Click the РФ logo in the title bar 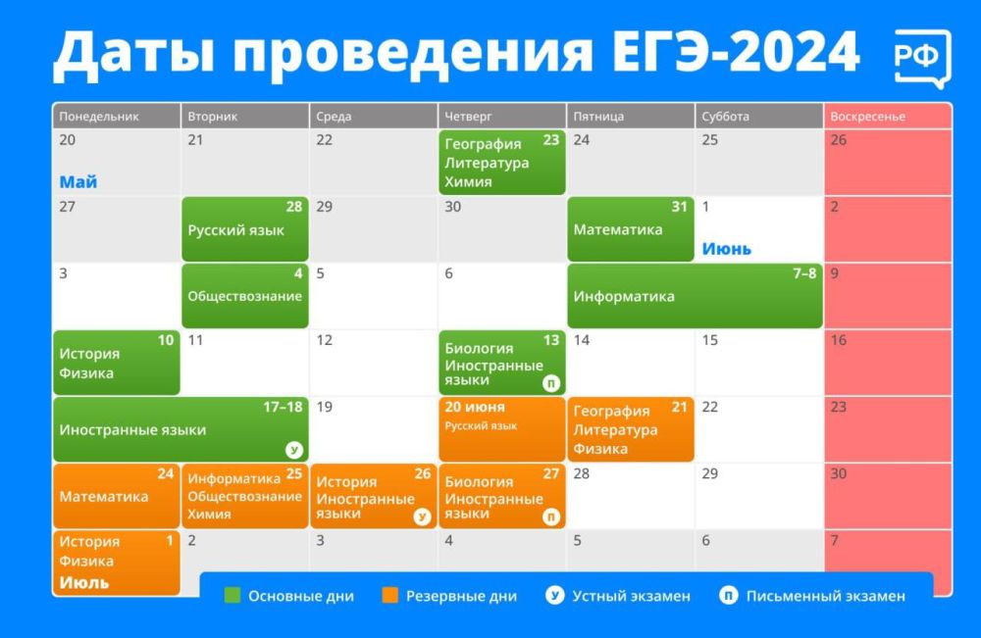pos(922,58)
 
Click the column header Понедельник pos(99,117)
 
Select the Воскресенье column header pos(867,117)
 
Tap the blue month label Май pos(78,182)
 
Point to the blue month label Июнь pos(727,249)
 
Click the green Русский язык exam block pos(245,230)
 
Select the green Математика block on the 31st pos(630,229)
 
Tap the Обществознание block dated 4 pos(245,296)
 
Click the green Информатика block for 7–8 pos(695,296)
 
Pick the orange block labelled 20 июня pos(501,428)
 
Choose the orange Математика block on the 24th pos(116,496)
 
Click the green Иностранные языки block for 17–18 pos(181,429)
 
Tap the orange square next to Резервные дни pos(390,595)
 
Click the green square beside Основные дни pos(232,595)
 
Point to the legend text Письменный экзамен pos(825,596)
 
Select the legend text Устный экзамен pos(631,596)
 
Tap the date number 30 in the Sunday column pos(839,474)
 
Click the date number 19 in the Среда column pos(325,407)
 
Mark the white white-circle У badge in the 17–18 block pos(293,450)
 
